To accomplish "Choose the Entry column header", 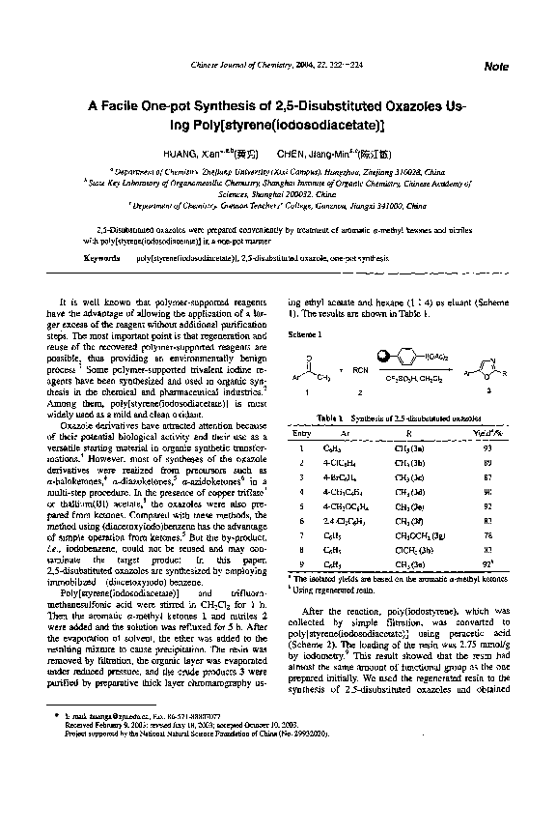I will tap(302, 433).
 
